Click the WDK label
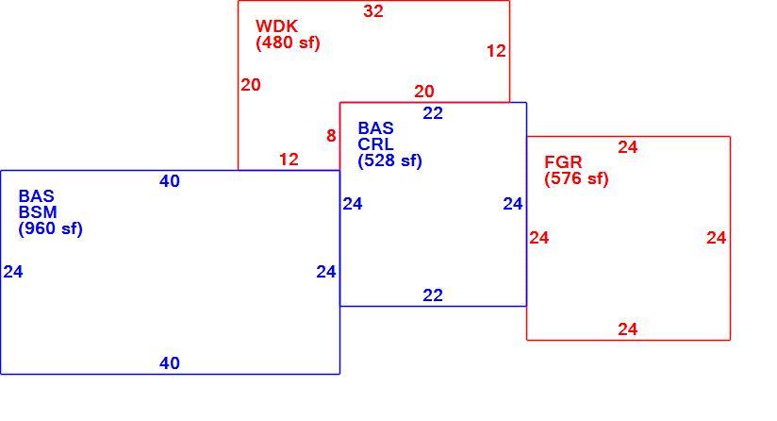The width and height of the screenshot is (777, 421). [276, 25]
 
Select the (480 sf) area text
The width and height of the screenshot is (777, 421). [288, 42]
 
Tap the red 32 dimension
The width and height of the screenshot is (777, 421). [373, 11]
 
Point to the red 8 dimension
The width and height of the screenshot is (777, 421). [331, 135]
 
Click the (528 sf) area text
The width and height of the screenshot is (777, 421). [390, 160]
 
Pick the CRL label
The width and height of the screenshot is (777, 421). [375, 144]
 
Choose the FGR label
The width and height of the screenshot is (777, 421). [563, 162]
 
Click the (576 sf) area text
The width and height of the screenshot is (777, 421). [576, 178]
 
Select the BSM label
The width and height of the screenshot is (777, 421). [38, 212]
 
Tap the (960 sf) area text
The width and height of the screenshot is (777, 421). [51, 228]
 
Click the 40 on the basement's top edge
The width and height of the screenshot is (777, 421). [170, 181]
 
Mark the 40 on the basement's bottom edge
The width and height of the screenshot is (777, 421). [170, 363]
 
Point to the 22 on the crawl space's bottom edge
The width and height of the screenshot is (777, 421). [433, 295]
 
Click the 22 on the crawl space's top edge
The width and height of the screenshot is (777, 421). [433, 113]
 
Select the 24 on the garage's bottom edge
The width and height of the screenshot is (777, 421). [627, 329]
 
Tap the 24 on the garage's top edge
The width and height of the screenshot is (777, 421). [627, 147]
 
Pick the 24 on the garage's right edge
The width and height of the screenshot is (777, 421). [716, 238]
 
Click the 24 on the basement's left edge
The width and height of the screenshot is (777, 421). [13, 272]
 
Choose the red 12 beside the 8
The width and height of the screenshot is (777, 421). [289, 160]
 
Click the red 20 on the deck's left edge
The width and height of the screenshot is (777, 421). [251, 85]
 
